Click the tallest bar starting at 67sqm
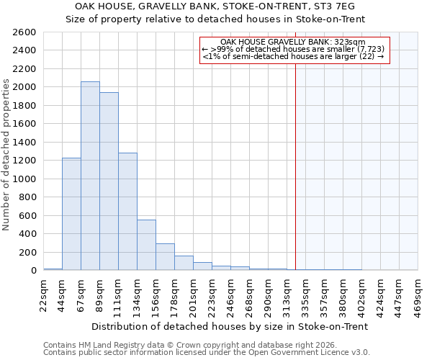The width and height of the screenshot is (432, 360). click(x=90, y=176)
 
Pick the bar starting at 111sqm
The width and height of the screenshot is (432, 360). click(x=127, y=212)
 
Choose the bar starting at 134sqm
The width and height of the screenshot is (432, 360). click(x=146, y=245)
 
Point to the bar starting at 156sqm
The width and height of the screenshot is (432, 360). click(x=165, y=257)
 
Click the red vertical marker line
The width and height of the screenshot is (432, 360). click(x=295, y=180)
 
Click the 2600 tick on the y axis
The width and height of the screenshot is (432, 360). click(x=24, y=32)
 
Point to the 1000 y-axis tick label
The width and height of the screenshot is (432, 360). click(x=24, y=179)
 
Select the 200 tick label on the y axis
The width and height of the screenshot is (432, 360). click(x=27, y=253)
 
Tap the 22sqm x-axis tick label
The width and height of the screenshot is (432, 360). click(x=44, y=293)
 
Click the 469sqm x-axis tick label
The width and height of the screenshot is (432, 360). click(x=418, y=293)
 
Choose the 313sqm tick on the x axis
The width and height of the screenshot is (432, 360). click(x=287, y=293)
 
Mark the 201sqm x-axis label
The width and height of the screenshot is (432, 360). click(x=194, y=293)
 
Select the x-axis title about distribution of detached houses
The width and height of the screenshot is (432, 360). click(x=230, y=326)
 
